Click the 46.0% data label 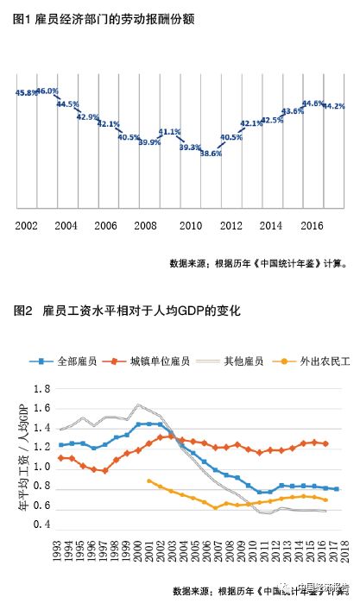(48, 91)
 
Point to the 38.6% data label (212, 154)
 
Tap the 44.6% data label (313, 104)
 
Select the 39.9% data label (149, 142)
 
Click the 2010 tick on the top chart (190, 225)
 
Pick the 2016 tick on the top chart (312, 225)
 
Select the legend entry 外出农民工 (324, 360)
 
